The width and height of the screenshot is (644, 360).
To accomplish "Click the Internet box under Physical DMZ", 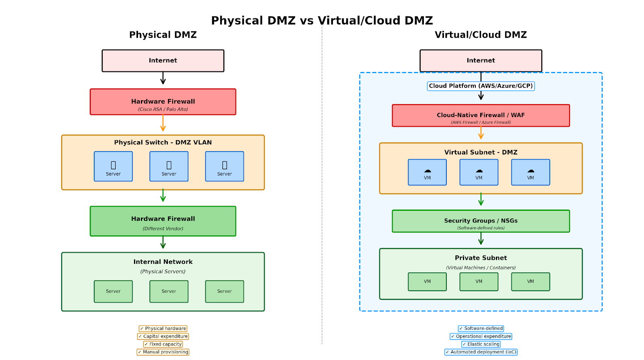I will [x=163, y=61].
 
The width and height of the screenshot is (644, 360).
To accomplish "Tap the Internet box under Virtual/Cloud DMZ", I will [x=481, y=61].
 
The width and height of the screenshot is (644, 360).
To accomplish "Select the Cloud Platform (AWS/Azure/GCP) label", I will [x=481, y=86].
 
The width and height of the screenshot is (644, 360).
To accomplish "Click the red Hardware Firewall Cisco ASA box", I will [x=163, y=102].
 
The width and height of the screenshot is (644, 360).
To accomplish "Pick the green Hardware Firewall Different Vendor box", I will [x=163, y=221].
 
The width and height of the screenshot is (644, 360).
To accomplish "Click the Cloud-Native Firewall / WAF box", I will [x=481, y=116].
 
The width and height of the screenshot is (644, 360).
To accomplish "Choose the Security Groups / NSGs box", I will [x=481, y=221].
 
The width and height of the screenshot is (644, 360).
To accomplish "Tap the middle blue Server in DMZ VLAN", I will [x=169, y=167].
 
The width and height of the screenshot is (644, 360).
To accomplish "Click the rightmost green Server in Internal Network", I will [x=224, y=291].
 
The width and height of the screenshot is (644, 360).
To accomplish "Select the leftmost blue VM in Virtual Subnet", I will [x=427, y=172].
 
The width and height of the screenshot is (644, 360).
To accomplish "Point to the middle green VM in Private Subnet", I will [x=479, y=282].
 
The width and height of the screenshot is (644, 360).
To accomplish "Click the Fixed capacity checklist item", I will [x=163, y=344].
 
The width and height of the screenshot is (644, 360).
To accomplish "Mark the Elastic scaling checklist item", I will [x=481, y=344].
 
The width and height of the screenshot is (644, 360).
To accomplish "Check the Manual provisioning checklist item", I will [x=163, y=352].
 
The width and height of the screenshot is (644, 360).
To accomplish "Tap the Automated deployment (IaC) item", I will [x=481, y=352].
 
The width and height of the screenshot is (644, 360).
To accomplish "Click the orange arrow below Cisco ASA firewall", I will [x=163, y=123].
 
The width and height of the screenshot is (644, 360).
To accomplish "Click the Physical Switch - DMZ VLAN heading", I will [x=163, y=142].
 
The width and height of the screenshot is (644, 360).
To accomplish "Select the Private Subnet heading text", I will [x=481, y=258].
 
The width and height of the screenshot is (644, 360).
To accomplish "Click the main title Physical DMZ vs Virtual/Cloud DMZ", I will [x=322, y=21].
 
